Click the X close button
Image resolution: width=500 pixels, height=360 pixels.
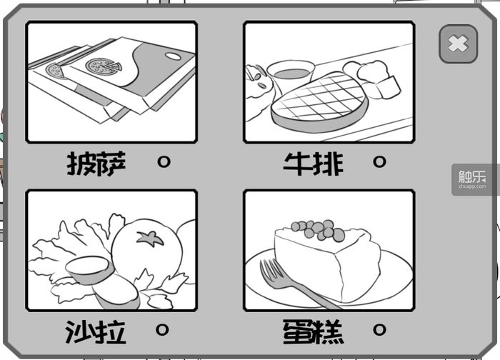tap(458, 44)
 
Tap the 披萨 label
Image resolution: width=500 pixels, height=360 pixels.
tap(96, 164)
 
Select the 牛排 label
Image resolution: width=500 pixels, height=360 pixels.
tap(314, 164)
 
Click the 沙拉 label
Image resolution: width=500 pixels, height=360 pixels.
tap(96, 332)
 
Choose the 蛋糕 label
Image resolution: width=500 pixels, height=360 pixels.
tap(314, 332)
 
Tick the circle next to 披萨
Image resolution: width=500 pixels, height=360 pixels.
tap(164, 161)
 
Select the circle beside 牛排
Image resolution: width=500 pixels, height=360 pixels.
tap(379, 161)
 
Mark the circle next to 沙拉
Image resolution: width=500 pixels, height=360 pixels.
tap(162, 329)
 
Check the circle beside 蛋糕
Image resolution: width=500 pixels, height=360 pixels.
tap(379, 329)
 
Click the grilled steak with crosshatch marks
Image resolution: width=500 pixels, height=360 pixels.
tap(319, 101)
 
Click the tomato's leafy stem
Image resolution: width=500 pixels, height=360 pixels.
tap(150, 238)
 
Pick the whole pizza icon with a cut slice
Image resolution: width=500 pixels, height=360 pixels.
tap(104, 66)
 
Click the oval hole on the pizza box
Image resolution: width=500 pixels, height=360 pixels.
tap(173, 56)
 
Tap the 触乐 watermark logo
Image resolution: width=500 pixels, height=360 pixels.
tap(472, 179)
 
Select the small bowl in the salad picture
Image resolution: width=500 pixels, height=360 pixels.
tap(89, 270)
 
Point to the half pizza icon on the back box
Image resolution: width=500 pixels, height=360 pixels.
tap(55, 71)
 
